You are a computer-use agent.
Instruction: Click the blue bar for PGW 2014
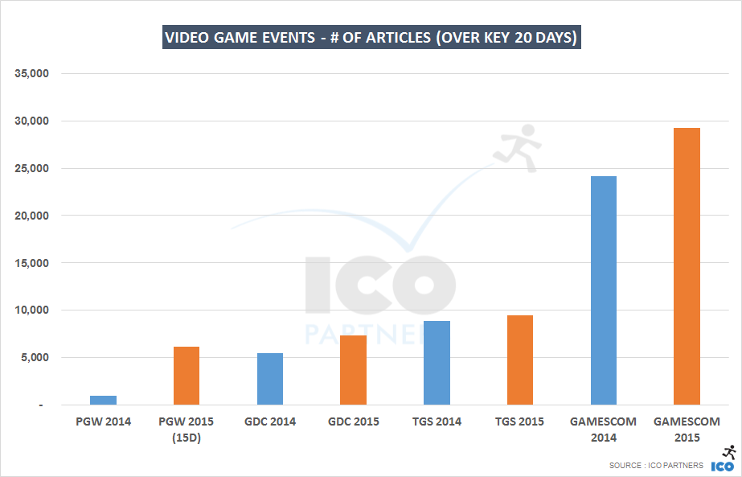[x=103, y=400]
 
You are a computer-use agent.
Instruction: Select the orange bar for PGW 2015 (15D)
[x=187, y=376]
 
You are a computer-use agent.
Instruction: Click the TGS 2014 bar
[x=437, y=363]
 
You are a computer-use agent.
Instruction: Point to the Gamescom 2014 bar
[x=603, y=290]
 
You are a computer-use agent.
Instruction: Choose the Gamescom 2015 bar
[x=687, y=266]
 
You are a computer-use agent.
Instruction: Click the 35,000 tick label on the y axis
[x=32, y=74]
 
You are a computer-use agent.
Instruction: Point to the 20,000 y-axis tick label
[x=32, y=216]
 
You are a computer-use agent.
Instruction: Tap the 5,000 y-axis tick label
[x=35, y=358]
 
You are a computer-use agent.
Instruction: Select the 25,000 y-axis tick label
[x=32, y=169]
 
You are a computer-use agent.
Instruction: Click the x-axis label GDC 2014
[x=269, y=421]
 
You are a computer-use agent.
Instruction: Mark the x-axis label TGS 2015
[x=519, y=421]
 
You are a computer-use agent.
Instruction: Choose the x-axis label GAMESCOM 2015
[x=687, y=430]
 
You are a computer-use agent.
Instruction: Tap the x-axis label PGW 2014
[x=103, y=421]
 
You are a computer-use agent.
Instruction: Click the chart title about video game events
[x=371, y=38]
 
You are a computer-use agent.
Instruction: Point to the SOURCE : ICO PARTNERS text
[x=657, y=466]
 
